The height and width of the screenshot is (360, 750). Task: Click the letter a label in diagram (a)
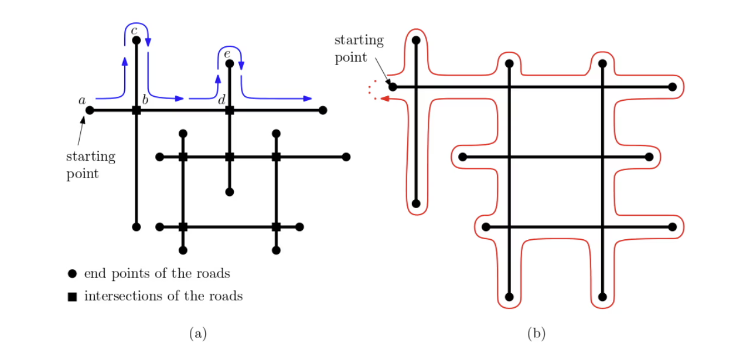[82, 100]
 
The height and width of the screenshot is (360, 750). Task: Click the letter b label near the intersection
[145, 100]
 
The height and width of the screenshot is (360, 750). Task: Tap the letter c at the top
[134, 30]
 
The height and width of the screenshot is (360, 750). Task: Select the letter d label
[221, 100]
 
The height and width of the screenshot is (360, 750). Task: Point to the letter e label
[227, 54]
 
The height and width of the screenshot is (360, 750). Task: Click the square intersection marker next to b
[137, 110]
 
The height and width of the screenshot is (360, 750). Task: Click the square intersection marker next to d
[230, 110]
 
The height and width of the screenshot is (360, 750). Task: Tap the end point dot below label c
[137, 40]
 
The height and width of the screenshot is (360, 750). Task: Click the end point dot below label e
[230, 63]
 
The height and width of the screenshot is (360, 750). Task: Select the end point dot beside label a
[90, 110]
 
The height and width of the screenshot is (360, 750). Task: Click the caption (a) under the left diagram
[198, 334]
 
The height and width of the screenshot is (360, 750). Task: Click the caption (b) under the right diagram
[537, 334]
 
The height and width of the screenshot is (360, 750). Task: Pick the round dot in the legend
[72, 274]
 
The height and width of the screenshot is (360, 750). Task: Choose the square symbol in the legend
[72, 297]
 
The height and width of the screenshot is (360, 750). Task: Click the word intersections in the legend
[120, 296]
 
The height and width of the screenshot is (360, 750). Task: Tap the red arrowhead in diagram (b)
[385, 99]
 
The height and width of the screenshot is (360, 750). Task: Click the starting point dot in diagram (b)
[393, 87]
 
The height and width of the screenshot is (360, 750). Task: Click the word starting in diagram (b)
[359, 40]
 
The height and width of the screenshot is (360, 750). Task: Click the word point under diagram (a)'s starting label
[83, 174]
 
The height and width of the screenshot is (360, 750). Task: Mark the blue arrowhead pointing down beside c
[148, 42]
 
